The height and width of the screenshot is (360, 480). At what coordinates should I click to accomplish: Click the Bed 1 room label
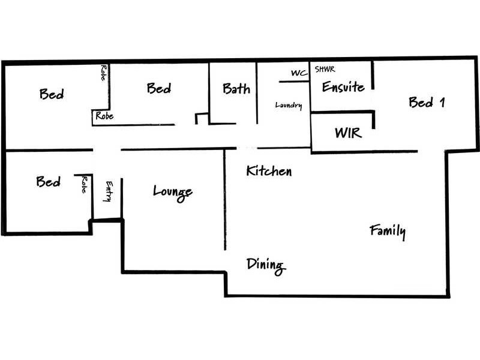[x=426, y=102]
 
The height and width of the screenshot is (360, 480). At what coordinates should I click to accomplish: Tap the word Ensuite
[x=343, y=87]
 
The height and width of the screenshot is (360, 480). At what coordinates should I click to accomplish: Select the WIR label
[x=348, y=132]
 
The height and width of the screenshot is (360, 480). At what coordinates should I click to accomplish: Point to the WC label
[x=299, y=73]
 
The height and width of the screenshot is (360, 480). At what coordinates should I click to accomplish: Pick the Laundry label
[x=288, y=106]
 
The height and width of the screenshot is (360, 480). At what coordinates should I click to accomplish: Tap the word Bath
[x=236, y=89]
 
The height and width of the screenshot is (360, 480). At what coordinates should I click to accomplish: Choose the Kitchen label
[x=269, y=171]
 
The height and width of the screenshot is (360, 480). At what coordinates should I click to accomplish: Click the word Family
[x=388, y=230]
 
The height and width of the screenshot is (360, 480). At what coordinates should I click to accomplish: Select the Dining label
[x=265, y=265]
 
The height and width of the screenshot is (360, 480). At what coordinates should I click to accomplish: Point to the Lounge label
[x=172, y=192]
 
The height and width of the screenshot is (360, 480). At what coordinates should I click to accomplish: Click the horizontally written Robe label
[x=104, y=116]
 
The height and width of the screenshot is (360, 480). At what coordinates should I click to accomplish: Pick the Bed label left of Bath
[x=158, y=89]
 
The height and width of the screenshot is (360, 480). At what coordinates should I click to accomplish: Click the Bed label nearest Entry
[x=48, y=181]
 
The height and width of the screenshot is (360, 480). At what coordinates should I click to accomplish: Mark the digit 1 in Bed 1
[x=442, y=102]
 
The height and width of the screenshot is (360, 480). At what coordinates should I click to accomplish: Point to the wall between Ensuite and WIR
[x=342, y=111]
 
